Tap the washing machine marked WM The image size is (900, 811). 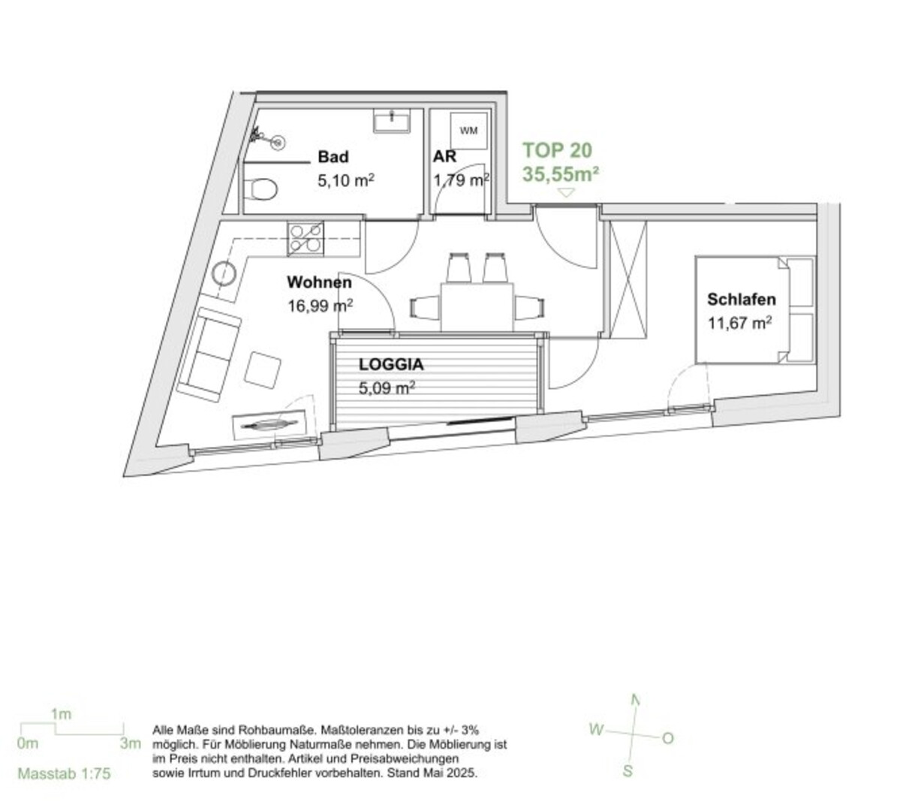(468, 131)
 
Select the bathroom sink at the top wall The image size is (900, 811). (393, 121)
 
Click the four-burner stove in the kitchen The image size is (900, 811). (306, 238)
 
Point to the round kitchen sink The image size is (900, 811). (224, 273)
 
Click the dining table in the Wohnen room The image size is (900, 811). (477, 306)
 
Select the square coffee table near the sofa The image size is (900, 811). (262, 370)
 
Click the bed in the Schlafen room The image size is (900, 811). (755, 309)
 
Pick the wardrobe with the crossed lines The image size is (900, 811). (628, 279)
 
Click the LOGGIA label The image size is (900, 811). (391, 364)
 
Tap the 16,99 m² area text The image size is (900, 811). (321, 306)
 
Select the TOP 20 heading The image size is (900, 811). (557, 150)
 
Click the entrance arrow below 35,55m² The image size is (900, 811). (567, 193)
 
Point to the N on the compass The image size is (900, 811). (635, 700)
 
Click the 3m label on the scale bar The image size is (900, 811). (131, 743)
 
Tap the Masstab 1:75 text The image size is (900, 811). (64, 773)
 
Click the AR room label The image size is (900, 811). (444, 156)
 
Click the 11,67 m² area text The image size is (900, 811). (739, 323)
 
